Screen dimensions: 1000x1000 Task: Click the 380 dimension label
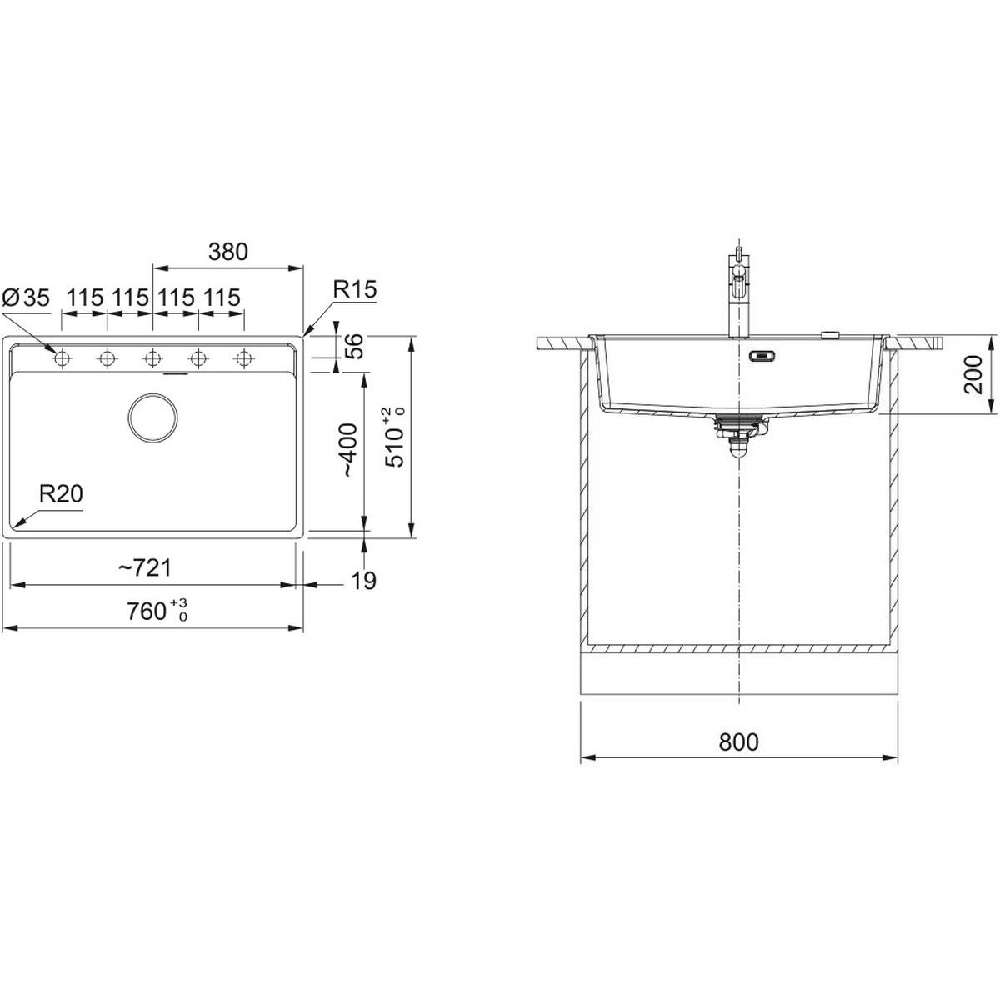point(227,252)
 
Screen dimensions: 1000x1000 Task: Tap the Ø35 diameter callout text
point(26,297)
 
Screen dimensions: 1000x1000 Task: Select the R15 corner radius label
point(354,289)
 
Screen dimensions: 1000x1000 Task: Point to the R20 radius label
point(61,494)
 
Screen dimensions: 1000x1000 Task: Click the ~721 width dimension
point(145,568)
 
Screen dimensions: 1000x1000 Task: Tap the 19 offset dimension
point(364,581)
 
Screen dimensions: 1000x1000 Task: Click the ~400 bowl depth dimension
point(348,450)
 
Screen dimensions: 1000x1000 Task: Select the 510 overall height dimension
point(394,437)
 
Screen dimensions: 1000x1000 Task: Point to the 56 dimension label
point(352,347)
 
